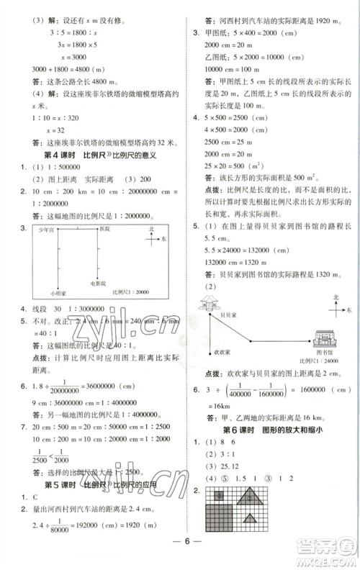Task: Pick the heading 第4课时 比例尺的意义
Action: (101, 175)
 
